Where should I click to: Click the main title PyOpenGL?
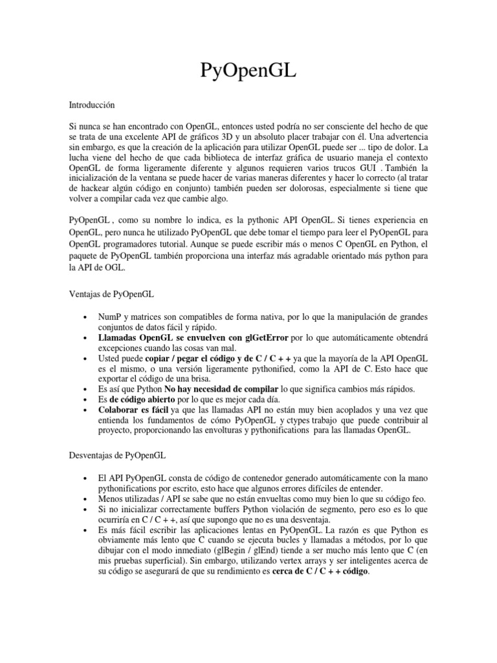(248, 71)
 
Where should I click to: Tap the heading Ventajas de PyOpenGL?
(111, 293)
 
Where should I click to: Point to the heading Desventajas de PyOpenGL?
(117, 457)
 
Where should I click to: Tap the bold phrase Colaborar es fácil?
(134, 410)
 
